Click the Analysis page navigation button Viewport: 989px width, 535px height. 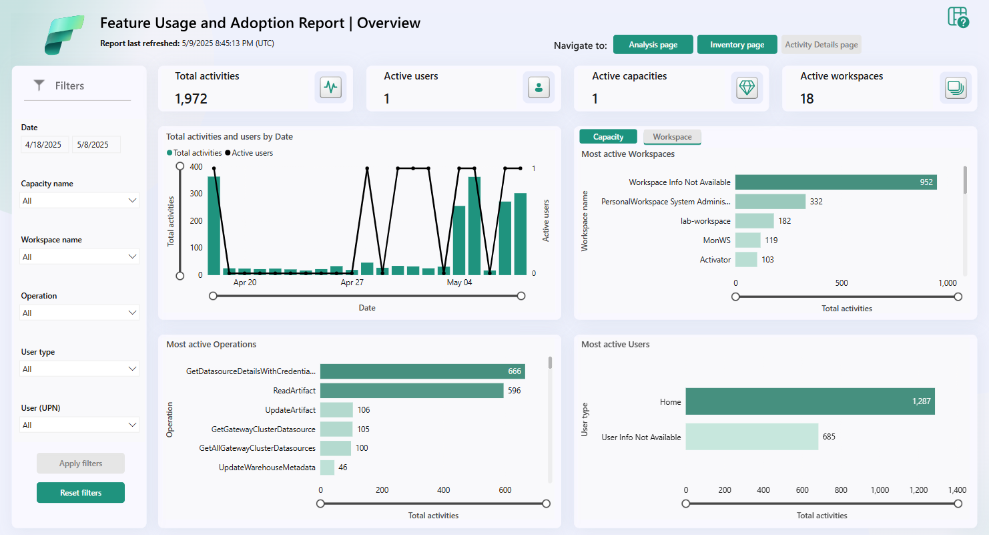pos(653,45)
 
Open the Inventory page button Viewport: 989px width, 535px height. pos(737,45)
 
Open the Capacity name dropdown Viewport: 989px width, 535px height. pos(79,200)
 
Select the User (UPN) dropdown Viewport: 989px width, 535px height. pos(79,425)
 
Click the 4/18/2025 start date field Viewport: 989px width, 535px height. pos(44,144)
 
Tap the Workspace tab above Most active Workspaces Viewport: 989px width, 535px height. pos(672,137)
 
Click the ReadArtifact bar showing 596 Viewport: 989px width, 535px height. pos(411,391)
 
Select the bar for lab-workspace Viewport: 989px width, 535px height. pos(754,221)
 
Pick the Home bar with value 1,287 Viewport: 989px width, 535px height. pos(809,402)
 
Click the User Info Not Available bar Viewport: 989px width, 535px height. pos(751,437)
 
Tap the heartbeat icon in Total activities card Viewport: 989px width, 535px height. pos(330,87)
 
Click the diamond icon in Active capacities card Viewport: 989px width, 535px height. pos(747,87)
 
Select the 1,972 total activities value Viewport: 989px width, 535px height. pos(191,99)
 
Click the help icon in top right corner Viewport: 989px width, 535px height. pos(958,17)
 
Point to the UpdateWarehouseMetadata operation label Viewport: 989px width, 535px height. pos(267,468)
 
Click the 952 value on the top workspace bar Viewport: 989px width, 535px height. pos(926,182)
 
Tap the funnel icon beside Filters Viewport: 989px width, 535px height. pos(39,85)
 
